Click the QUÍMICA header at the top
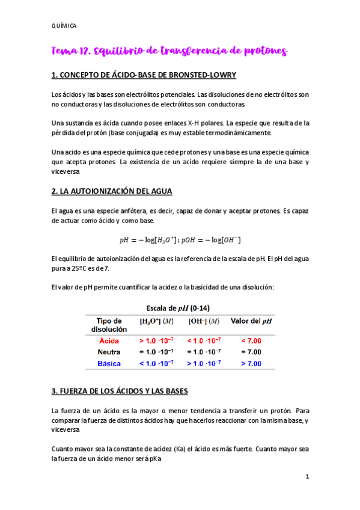(63, 25)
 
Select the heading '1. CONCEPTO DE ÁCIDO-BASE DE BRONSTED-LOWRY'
(144, 75)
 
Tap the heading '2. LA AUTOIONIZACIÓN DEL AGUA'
(112, 191)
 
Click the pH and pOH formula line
(180, 240)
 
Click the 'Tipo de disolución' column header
(109, 325)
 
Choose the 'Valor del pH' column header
(251, 321)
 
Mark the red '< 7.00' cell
(251, 340)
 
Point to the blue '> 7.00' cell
(251, 363)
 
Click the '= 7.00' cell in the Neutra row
(251, 352)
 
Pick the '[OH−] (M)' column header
(204, 321)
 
